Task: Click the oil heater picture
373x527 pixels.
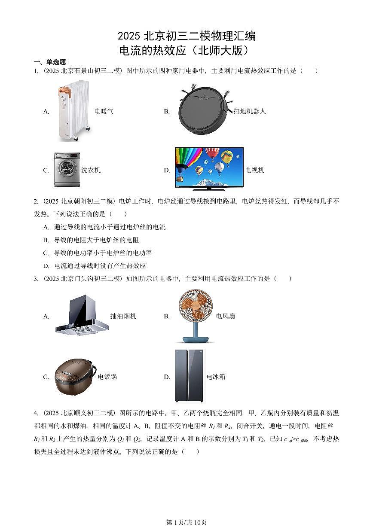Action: (73, 111)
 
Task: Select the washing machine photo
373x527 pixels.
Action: (67, 170)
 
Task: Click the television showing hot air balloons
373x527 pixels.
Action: (209, 168)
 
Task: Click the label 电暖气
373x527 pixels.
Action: (104, 111)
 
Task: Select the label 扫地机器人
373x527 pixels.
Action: (250, 111)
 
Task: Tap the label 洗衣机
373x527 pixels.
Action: (91, 170)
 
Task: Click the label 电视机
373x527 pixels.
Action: (255, 170)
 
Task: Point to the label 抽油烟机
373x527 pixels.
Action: (123, 316)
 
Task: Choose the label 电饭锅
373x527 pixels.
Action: (107, 377)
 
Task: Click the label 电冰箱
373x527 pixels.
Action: (216, 377)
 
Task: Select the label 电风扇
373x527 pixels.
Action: (226, 316)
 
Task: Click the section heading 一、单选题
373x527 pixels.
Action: (50, 62)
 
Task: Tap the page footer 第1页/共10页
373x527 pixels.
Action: (186, 522)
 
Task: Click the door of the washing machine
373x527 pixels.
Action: (65, 173)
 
